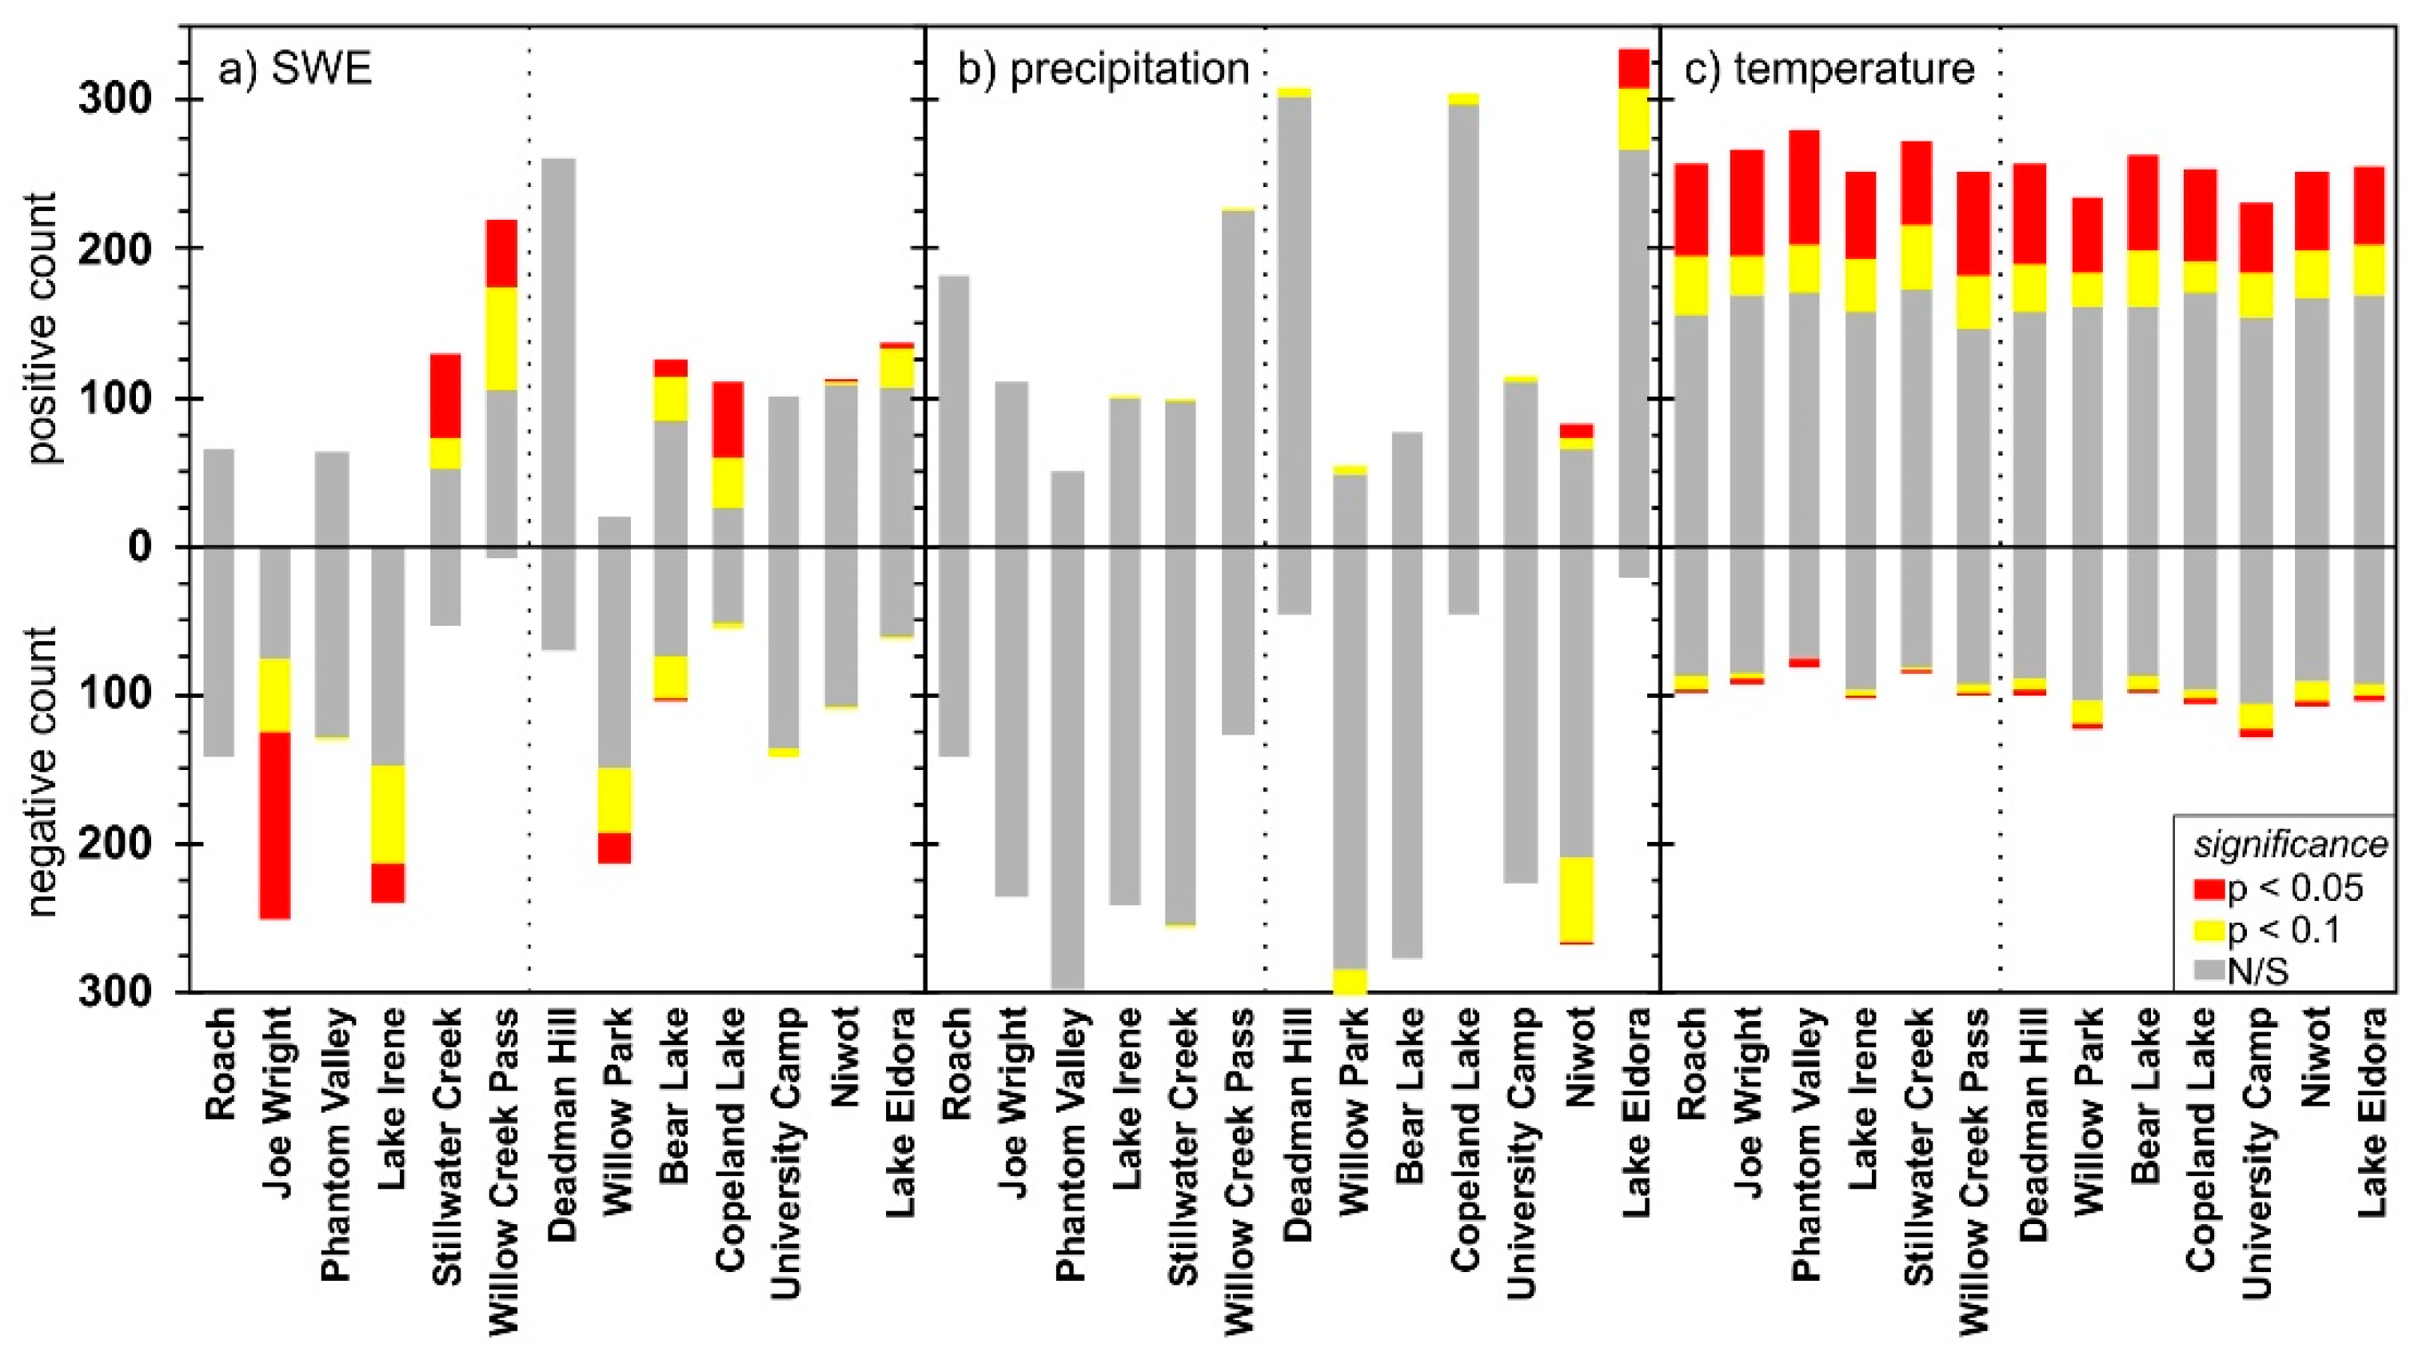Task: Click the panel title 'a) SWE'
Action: (295, 70)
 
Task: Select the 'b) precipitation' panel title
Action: (1103, 70)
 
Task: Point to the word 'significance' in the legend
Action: (2290, 844)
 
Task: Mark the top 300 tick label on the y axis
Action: (114, 100)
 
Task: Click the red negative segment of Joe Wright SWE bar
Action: (275, 825)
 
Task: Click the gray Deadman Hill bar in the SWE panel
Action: (559, 404)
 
